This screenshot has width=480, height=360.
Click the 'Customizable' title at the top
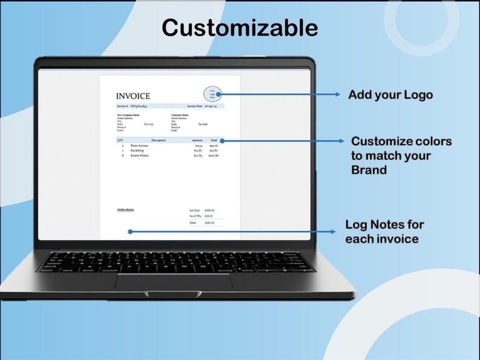239,28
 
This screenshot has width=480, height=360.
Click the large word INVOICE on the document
133,96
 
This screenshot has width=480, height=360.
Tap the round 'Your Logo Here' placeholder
213,94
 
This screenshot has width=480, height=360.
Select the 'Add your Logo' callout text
391,95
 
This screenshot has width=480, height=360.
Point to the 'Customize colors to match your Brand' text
401,155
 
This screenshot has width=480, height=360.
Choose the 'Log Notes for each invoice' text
384,232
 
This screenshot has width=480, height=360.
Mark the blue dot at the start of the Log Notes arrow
130,231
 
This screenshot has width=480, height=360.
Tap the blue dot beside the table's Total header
222,140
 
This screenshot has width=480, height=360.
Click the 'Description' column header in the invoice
158,140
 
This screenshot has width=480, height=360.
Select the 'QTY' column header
120,140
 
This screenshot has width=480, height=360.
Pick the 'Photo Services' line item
139,146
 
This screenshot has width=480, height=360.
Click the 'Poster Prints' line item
139,155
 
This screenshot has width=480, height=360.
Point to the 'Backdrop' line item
137,151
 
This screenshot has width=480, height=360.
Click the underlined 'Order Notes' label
126,209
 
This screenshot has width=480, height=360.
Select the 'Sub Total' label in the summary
194,211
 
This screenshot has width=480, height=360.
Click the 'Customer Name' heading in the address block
180,114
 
